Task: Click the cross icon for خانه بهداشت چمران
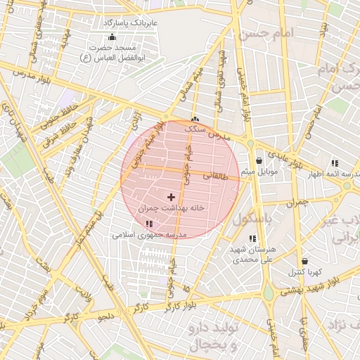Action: (x=171, y=197)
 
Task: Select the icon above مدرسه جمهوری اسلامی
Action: (x=148, y=224)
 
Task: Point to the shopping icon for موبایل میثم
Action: (x=259, y=160)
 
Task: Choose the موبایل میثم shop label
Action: (x=259, y=172)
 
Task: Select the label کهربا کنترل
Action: (x=304, y=271)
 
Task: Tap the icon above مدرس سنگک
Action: (x=195, y=119)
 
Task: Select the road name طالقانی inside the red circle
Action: (x=216, y=176)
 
